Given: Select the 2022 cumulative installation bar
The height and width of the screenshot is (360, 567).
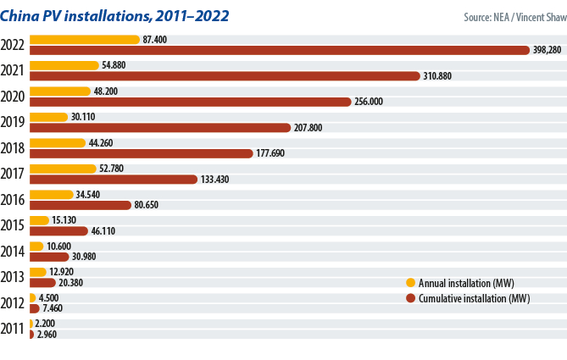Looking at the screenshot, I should point(280,50).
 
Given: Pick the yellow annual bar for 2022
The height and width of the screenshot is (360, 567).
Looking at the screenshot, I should point(84,39).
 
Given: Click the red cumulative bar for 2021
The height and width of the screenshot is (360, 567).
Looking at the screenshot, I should point(225,76).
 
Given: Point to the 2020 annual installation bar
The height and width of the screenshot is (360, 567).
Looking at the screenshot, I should point(59,91).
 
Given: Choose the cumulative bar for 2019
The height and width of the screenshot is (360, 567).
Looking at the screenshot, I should point(160,128).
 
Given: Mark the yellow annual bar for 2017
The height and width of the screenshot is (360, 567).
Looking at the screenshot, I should point(63,169).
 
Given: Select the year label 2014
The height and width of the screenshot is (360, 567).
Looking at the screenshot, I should point(14,252).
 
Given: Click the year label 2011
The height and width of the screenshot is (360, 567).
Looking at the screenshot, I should point(14,330).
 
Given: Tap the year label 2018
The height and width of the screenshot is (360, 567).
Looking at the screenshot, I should point(14,148).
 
